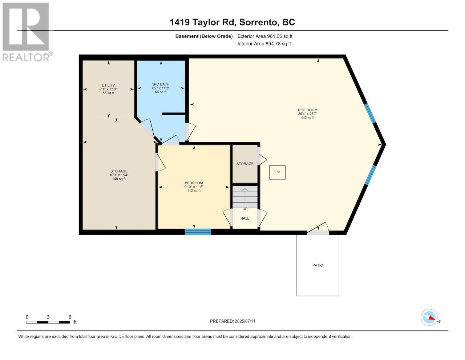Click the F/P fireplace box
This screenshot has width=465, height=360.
point(277,172)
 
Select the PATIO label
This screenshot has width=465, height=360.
point(318,265)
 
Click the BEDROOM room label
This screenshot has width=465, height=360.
point(194,183)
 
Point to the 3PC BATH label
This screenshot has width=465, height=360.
point(161,84)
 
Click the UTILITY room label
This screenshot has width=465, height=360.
point(108,85)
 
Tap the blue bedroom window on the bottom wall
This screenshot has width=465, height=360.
point(198,232)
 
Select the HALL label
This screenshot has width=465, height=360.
point(245,218)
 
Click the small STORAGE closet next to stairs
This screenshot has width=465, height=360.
point(245,164)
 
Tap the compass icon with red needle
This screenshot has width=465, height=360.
point(429,317)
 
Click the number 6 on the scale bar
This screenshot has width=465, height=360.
point(70,317)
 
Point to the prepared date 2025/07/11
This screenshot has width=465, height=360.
point(247,321)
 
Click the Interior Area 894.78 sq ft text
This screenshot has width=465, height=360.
point(264,44)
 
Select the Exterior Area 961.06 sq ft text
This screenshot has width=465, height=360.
point(265,36)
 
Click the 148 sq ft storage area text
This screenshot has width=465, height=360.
point(119,179)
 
